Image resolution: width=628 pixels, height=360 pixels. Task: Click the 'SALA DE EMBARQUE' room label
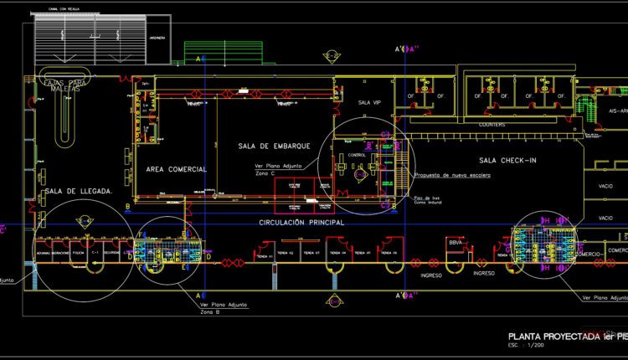(x=275, y=147)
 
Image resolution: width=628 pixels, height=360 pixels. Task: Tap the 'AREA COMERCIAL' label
(x=177, y=169)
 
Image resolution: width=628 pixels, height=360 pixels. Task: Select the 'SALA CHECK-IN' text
(x=510, y=160)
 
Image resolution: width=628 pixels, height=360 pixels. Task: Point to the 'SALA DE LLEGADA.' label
(x=79, y=192)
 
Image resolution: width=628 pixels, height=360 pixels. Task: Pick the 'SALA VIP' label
(x=369, y=102)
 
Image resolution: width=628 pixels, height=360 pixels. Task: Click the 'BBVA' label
(x=456, y=243)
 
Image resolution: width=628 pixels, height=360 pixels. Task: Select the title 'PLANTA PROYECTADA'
(x=545, y=335)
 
